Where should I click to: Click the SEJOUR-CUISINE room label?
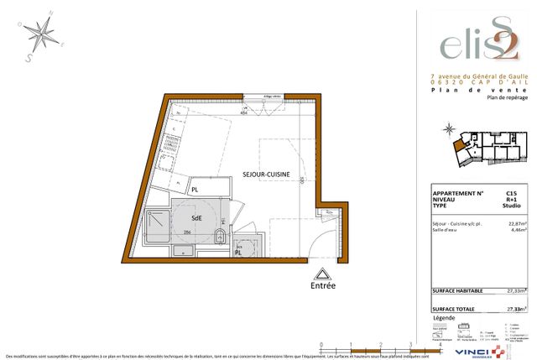coord(268,174)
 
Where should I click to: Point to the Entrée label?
coord(321,285)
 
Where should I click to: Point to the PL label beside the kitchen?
coord(194,190)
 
